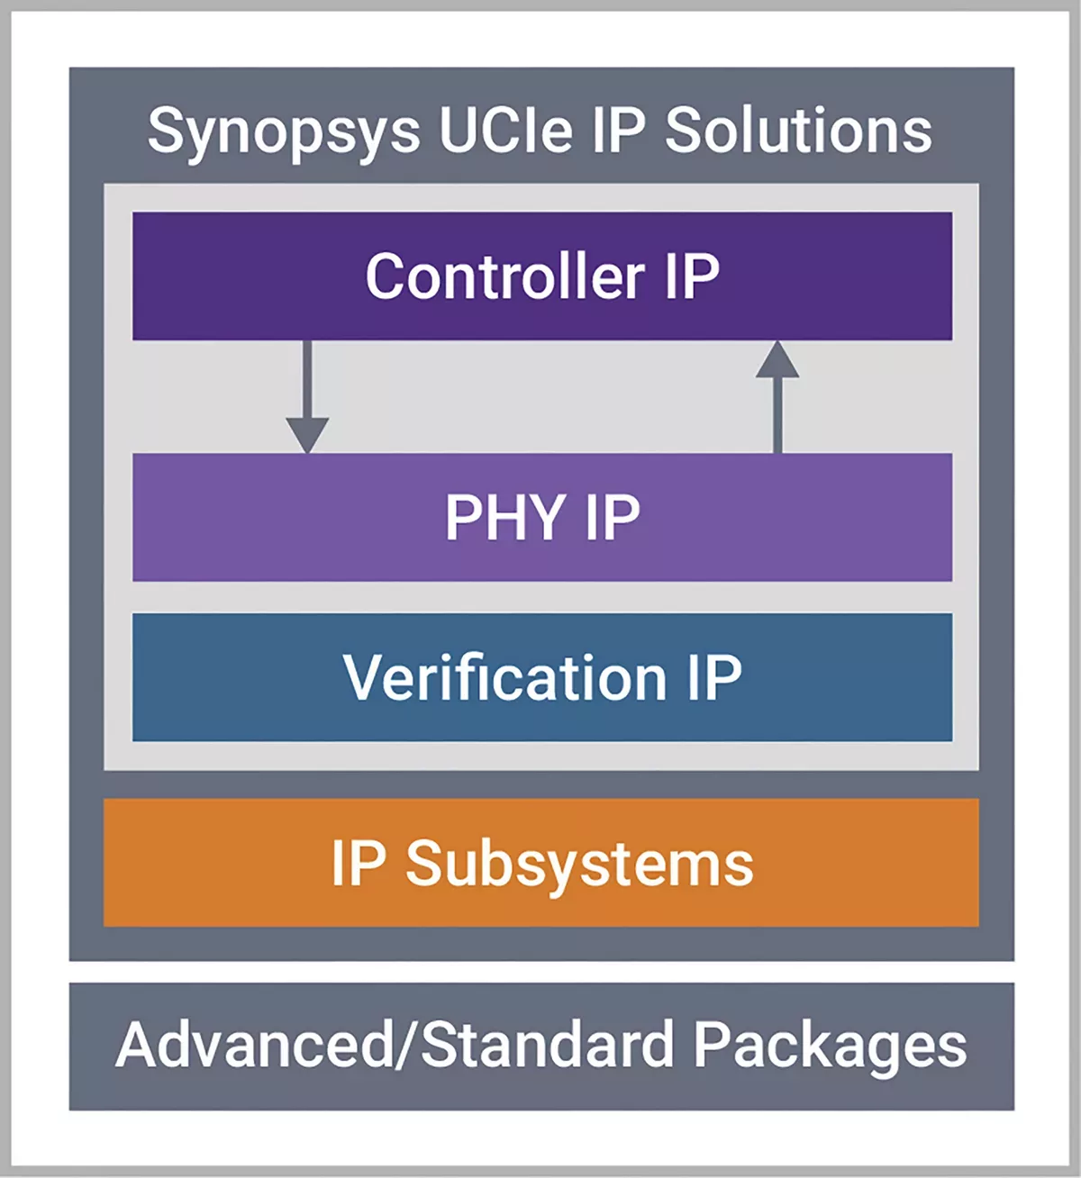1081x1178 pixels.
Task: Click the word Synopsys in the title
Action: coord(283,132)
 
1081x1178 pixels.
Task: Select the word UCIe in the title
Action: coord(505,131)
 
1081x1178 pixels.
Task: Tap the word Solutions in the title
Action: coord(798,131)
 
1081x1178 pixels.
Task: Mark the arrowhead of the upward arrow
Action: coord(777,359)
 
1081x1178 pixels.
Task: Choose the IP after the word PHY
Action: coord(613,517)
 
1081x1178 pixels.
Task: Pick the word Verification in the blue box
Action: coord(504,677)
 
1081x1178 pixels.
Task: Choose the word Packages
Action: coord(830,1047)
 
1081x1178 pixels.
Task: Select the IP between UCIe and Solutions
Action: coord(619,131)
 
